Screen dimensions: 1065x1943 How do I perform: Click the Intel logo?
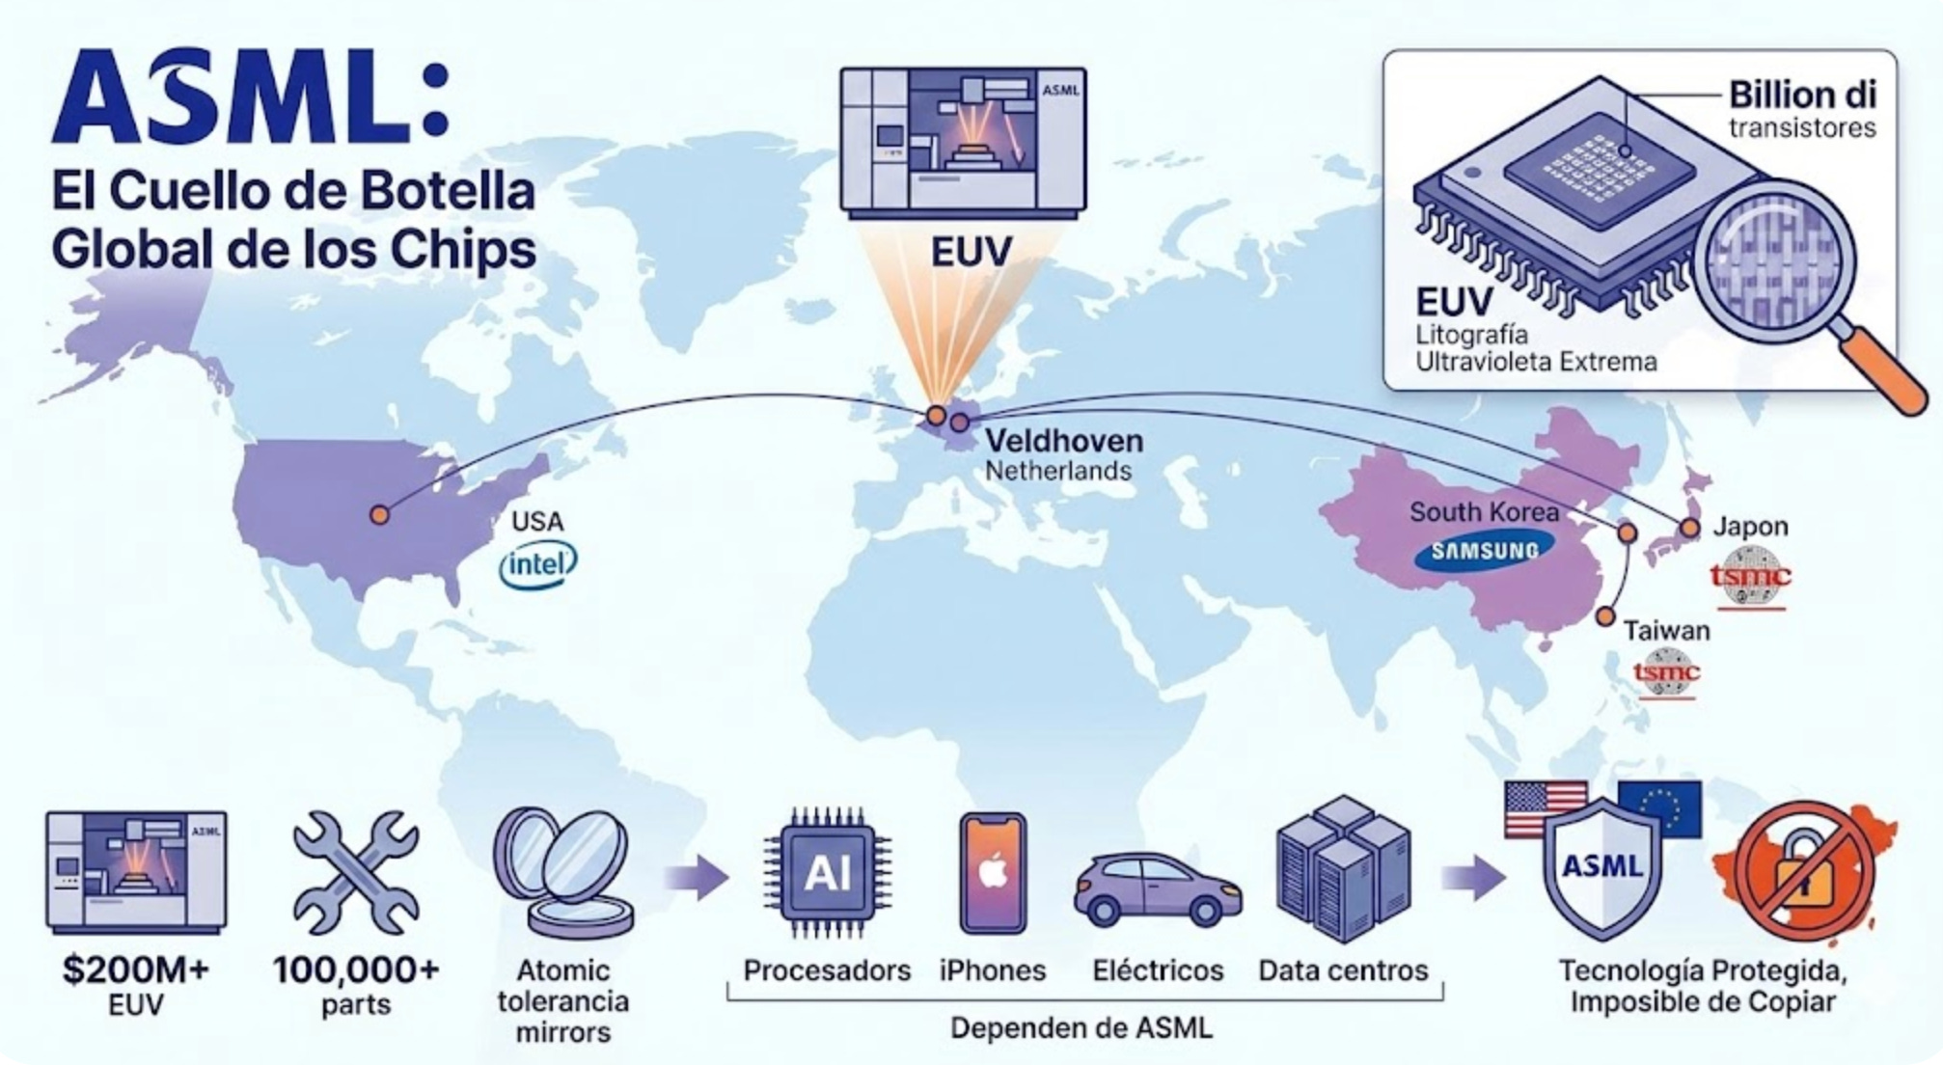[537, 564]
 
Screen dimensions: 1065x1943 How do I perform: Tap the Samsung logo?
[1484, 551]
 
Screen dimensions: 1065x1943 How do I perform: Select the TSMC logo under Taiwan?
[1666, 671]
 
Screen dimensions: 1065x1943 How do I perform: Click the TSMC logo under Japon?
[1750, 577]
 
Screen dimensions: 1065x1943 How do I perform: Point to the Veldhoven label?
[1063, 442]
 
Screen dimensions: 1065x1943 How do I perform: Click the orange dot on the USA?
[380, 515]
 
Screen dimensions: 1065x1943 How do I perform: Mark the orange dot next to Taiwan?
[1605, 616]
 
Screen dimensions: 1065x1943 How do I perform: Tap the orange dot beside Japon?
[1689, 528]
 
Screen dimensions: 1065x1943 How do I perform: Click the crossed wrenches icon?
[356, 872]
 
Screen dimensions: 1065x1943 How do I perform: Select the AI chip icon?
[827, 873]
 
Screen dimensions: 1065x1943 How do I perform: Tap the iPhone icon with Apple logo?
[993, 874]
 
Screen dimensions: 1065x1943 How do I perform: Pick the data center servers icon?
[1342, 869]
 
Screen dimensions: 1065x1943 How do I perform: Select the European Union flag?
[1660, 807]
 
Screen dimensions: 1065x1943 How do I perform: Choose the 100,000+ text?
[356, 969]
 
